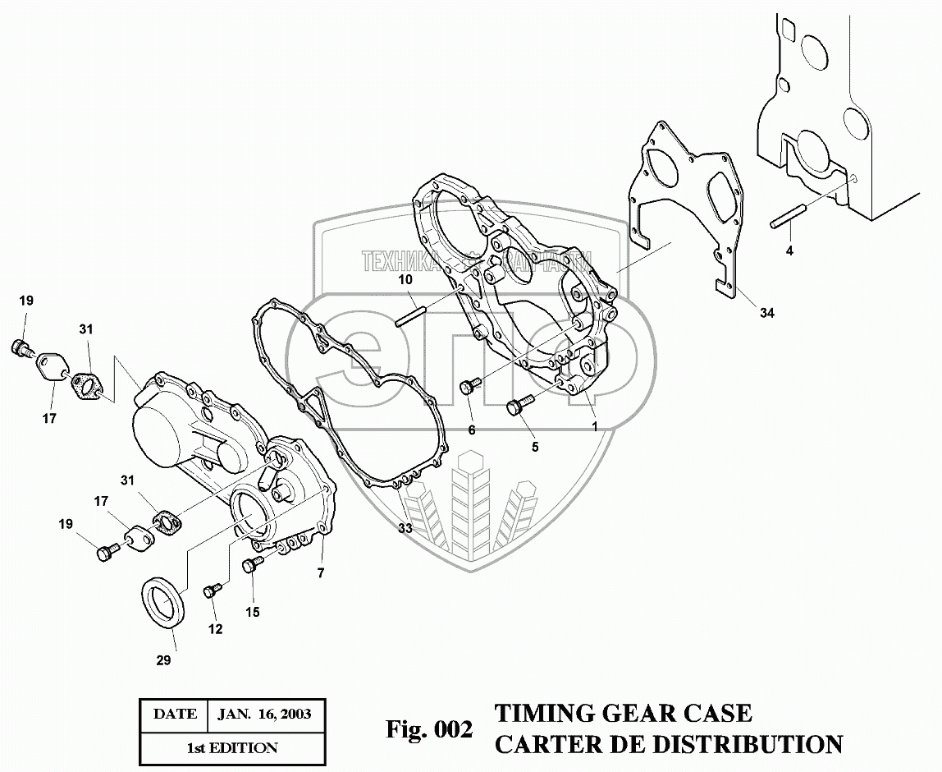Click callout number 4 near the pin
[x=789, y=250]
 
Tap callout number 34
[x=766, y=313]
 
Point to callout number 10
[x=405, y=280]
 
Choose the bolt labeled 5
[x=519, y=405]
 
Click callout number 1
[x=595, y=428]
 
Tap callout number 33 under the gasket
[x=405, y=528]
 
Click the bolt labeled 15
[x=250, y=564]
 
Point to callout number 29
[x=163, y=660]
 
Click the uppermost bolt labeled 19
[x=21, y=347]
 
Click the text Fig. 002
[x=429, y=728]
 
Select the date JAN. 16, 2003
[x=263, y=714]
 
